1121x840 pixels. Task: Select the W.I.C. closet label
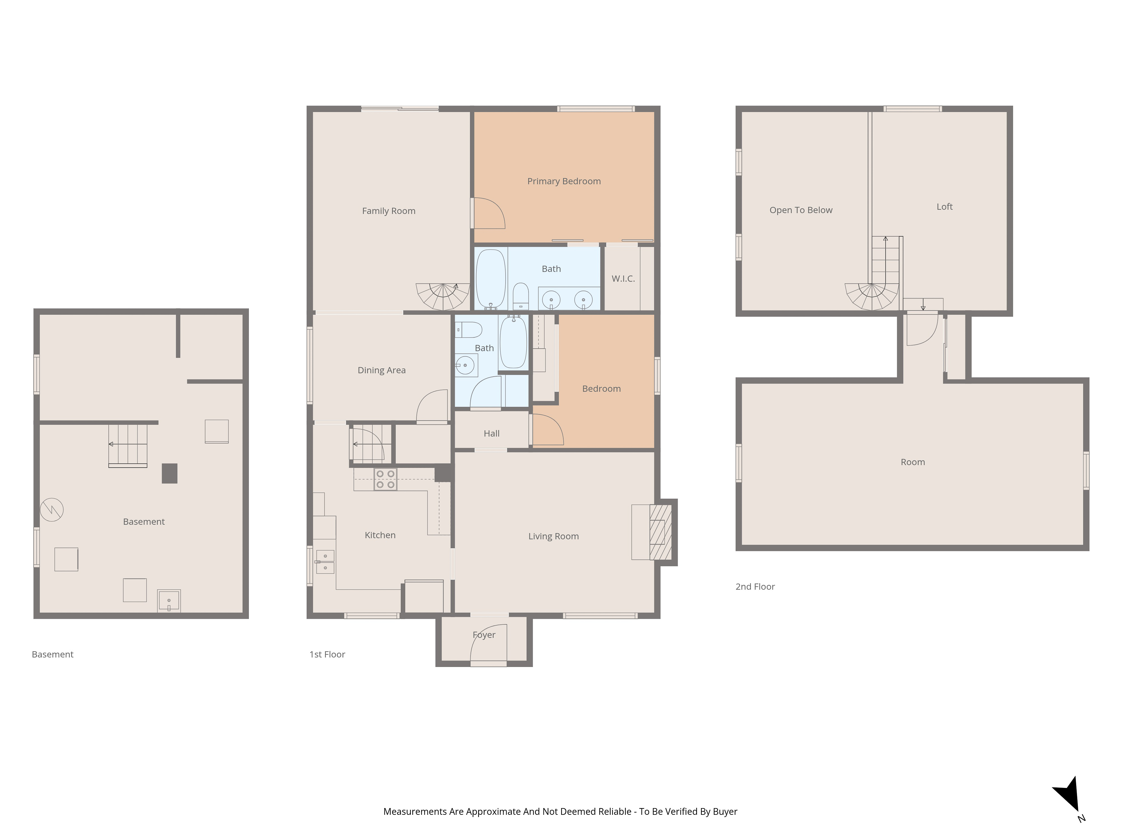[623, 279]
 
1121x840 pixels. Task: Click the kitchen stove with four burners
[385, 479]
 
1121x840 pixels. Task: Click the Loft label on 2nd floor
[944, 207]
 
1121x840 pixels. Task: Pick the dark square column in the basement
[169, 473]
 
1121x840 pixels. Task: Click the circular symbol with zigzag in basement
[52, 509]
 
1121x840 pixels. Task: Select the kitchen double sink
[325, 561]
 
